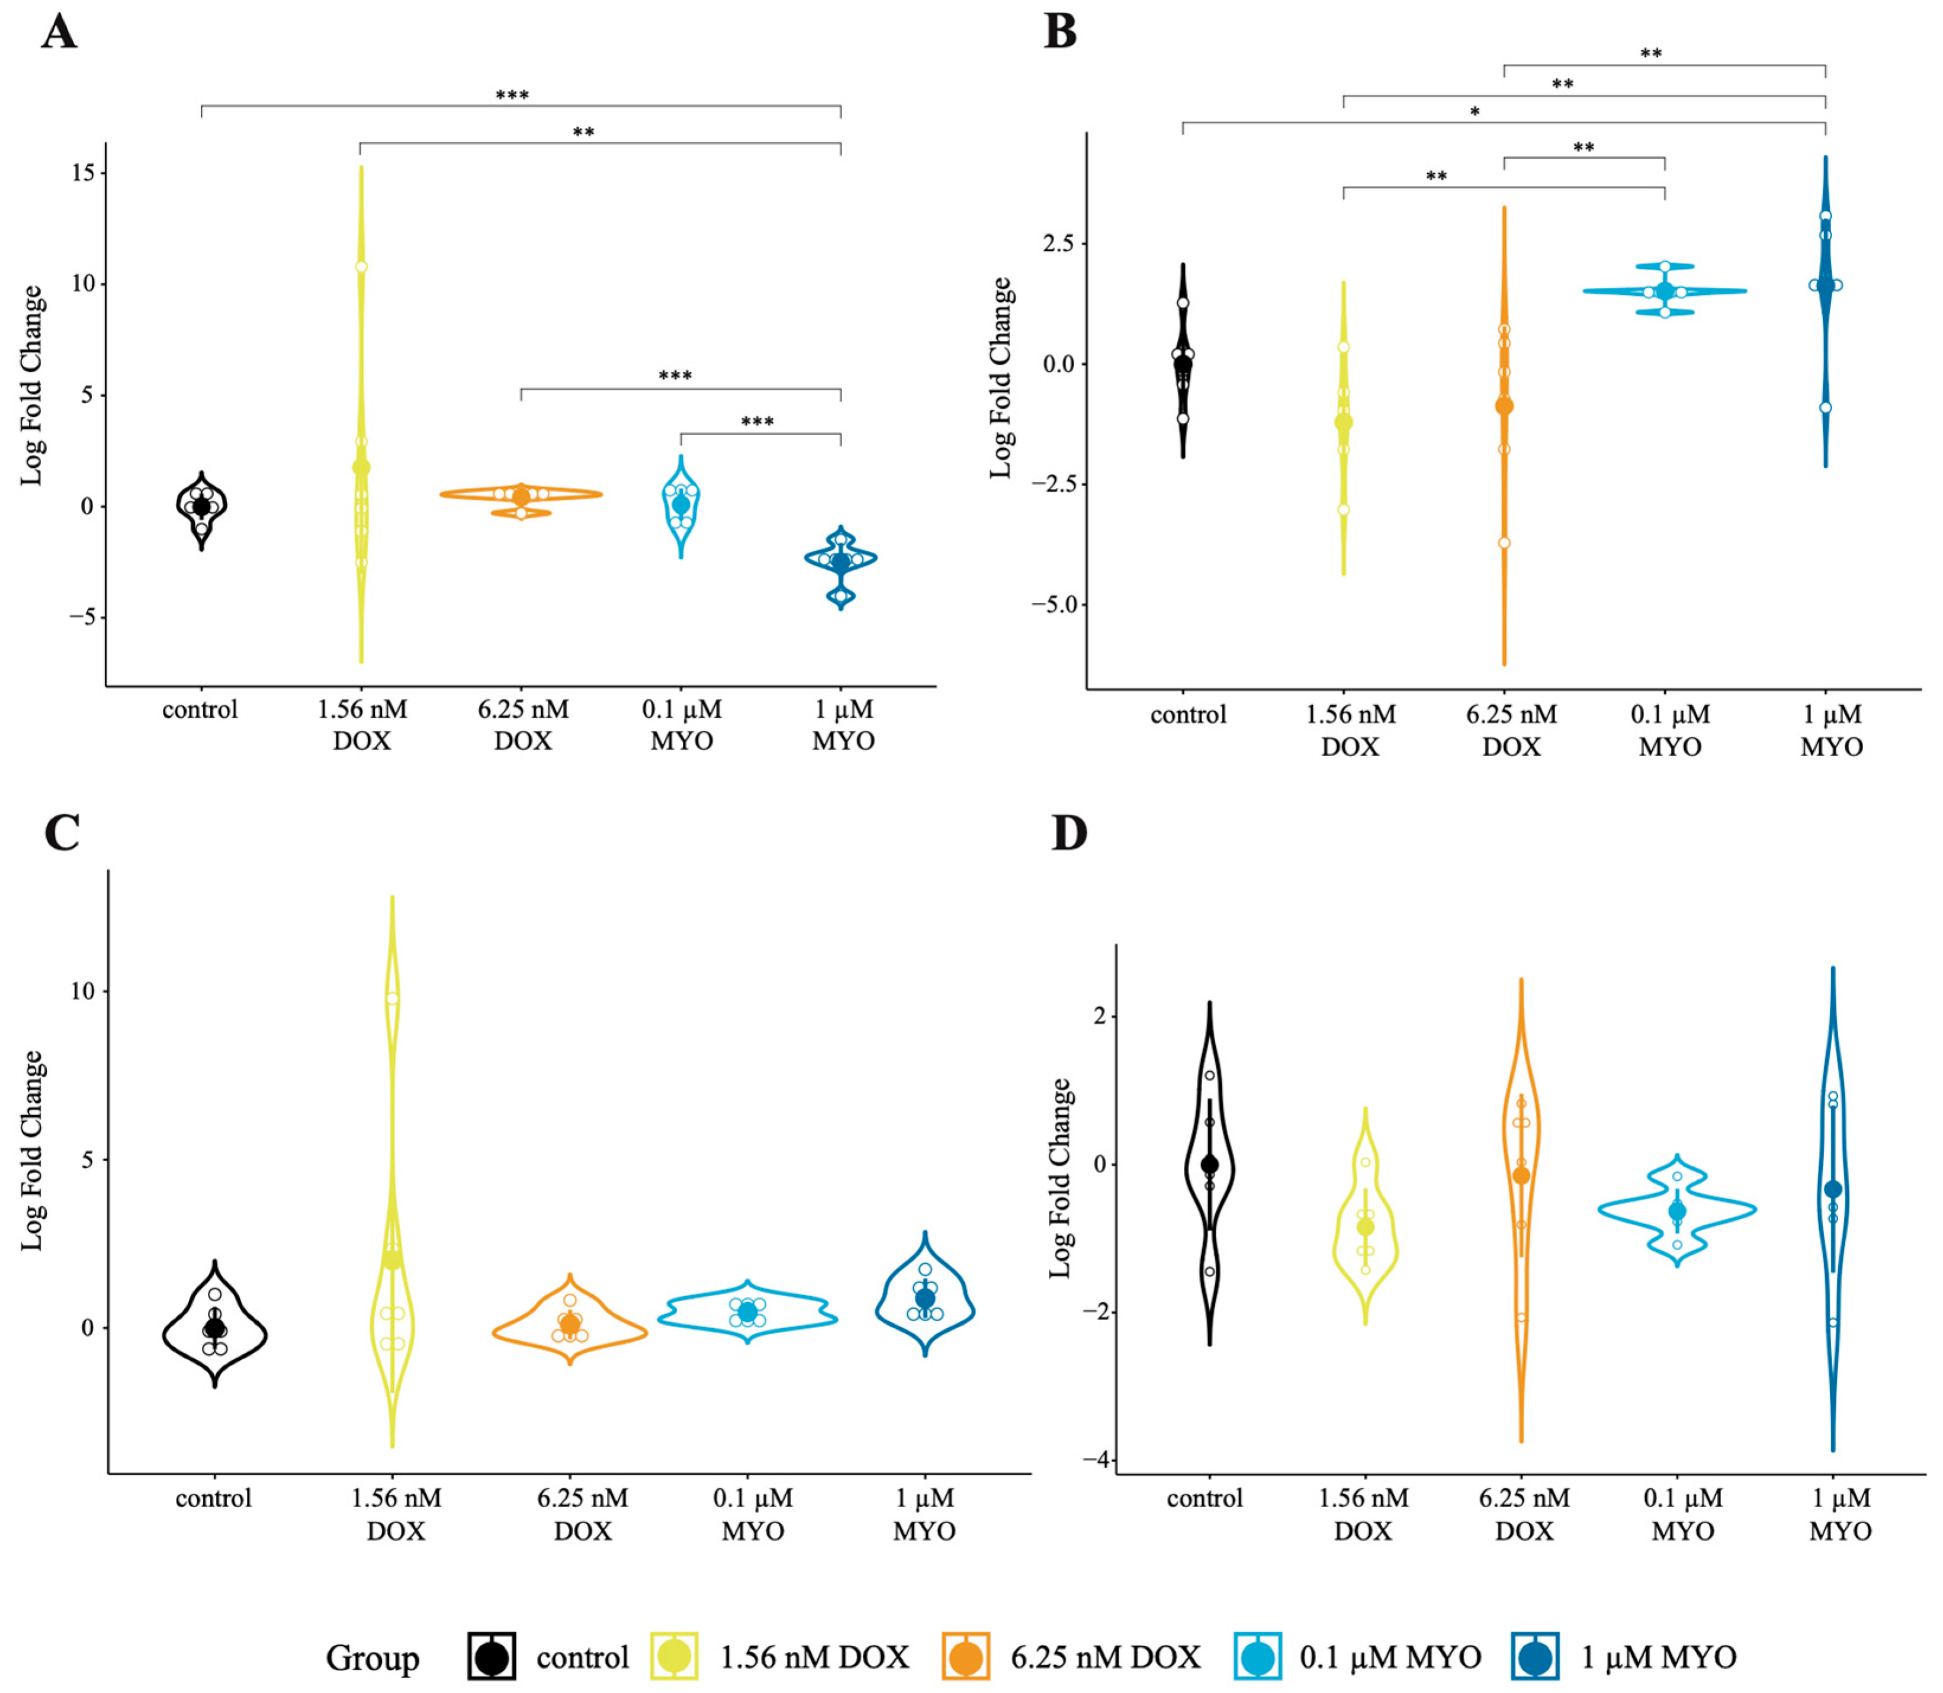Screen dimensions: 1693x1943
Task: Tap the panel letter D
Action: [1070, 833]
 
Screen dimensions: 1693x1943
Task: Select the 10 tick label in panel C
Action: [82, 991]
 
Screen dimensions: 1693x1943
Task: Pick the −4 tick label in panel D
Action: [1096, 1460]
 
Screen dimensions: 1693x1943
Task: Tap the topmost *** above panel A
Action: [512, 95]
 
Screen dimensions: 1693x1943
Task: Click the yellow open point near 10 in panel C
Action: [392, 998]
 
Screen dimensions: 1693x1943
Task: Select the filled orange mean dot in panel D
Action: [1521, 1175]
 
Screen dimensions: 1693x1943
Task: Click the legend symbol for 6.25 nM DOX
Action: [965, 1657]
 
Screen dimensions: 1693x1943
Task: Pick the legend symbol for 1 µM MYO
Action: [1535, 1657]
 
